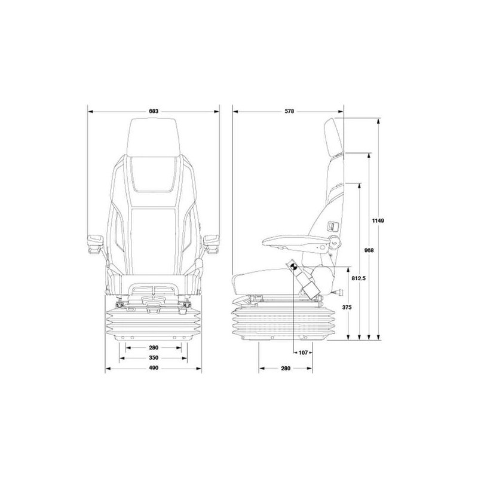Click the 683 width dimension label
pyautogui.click(x=154, y=111)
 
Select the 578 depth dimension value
pyautogui.click(x=289, y=111)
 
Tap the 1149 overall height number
pyautogui.click(x=378, y=220)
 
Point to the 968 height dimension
pyautogui.click(x=369, y=250)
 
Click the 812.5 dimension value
pyautogui.click(x=358, y=278)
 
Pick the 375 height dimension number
pyautogui.click(x=347, y=307)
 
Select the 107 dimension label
pyautogui.click(x=303, y=353)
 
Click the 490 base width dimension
pyautogui.click(x=154, y=368)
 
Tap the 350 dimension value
pyautogui.click(x=154, y=357)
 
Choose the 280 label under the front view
pyautogui.click(x=154, y=348)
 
